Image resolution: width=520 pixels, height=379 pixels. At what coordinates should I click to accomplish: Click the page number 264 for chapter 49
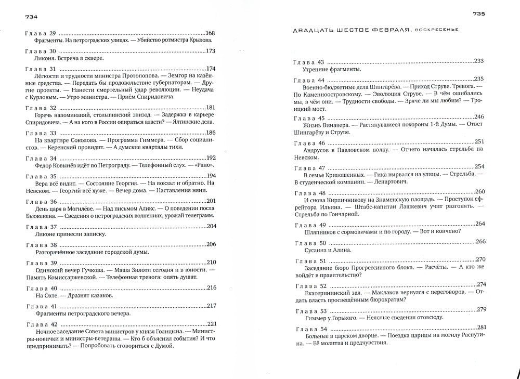click(479, 224)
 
